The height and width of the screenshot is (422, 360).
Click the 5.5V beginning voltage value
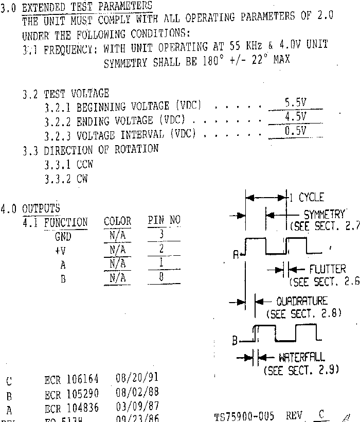(295, 103)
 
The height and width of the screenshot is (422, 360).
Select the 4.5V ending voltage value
(295, 117)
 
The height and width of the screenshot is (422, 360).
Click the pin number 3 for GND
(161, 235)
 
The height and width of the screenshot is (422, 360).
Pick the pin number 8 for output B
(161, 278)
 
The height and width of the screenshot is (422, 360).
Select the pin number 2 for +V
(161, 249)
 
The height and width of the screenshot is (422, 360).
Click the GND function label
(63, 237)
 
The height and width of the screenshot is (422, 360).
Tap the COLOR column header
(117, 222)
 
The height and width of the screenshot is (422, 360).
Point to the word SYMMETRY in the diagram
(324, 215)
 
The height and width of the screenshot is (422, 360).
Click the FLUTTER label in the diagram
(328, 269)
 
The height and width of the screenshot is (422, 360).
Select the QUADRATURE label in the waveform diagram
(301, 302)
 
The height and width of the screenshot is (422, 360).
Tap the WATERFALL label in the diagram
(302, 358)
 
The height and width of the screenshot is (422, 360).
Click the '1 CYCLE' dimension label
(307, 198)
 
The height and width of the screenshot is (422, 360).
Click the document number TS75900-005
(244, 416)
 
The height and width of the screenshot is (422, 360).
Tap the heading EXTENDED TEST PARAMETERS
(87, 7)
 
